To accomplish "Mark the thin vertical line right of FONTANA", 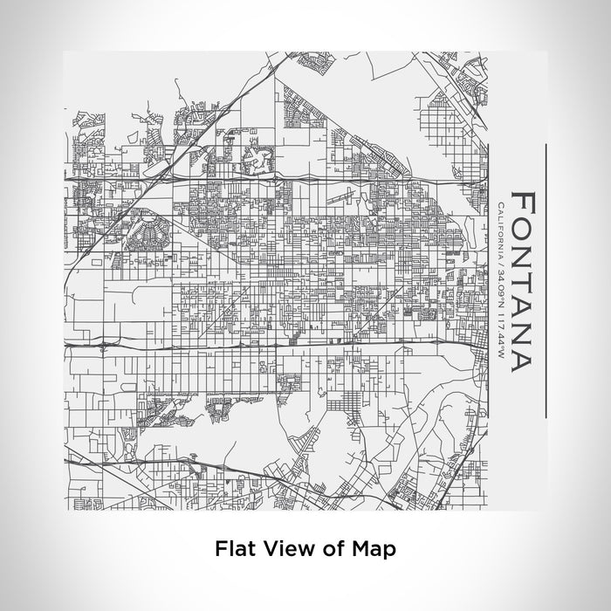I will point(546,279).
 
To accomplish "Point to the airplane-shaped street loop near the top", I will point(258,160).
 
